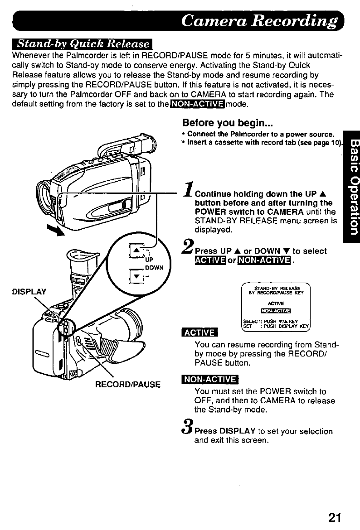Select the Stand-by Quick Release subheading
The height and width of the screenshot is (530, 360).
point(83,44)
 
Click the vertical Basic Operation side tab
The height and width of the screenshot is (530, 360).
point(351,186)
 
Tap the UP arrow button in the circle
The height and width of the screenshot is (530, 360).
point(135,252)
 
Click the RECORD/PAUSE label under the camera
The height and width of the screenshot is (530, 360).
point(128,385)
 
